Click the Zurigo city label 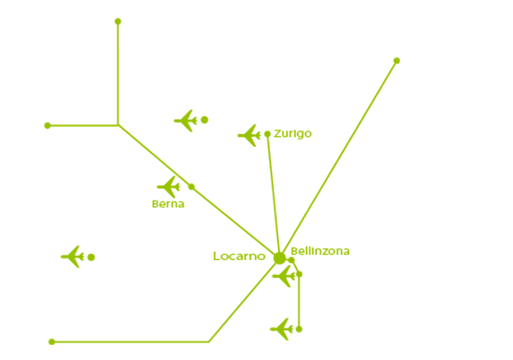pyautogui.click(x=292, y=134)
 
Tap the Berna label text pyautogui.click(x=168, y=204)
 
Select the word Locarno pyautogui.click(x=239, y=256)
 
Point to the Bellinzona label pyautogui.click(x=320, y=251)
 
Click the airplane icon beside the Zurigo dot pyautogui.click(x=249, y=135)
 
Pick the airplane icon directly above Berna pyautogui.click(x=168, y=187)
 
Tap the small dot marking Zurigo pyautogui.click(x=267, y=134)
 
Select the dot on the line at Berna pyautogui.click(x=192, y=187)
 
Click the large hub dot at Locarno pyautogui.click(x=279, y=258)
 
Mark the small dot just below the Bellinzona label pyautogui.click(x=292, y=260)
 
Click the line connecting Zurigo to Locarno pyautogui.click(x=274, y=196)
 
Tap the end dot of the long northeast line pyautogui.click(x=397, y=60)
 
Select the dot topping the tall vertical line pyautogui.click(x=118, y=22)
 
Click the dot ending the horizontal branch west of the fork pyautogui.click(x=48, y=125)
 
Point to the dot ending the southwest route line pyautogui.click(x=51, y=342)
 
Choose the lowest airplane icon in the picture pyautogui.click(x=282, y=329)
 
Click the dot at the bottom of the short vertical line pyautogui.click(x=299, y=328)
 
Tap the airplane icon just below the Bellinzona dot pyautogui.click(x=284, y=276)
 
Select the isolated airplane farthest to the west pyautogui.click(x=73, y=256)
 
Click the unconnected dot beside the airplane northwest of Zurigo pyautogui.click(x=204, y=120)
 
